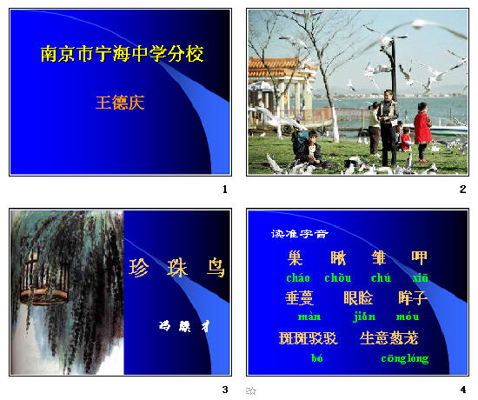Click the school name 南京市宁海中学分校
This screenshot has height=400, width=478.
[x=122, y=54]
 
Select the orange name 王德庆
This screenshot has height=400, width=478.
[x=120, y=103]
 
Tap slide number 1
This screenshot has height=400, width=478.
[x=225, y=189]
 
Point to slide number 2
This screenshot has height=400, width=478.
[x=463, y=189]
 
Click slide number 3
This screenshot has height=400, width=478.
[x=225, y=389]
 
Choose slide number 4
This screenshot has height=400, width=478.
[x=463, y=389]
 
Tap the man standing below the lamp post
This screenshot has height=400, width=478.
[x=388, y=130]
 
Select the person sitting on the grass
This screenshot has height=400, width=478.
[x=311, y=150]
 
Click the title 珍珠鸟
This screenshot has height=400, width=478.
[x=177, y=268]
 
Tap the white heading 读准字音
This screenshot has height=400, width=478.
[x=300, y=233]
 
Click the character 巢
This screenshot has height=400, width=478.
[x=296, y=257]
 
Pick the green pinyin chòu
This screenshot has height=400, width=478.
[x=337, y=278]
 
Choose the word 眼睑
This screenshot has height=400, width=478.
[x=358, y=298]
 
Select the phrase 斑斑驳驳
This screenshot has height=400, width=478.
[x=308, y=338]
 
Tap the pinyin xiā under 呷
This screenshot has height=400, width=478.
[x=421, y=278]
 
